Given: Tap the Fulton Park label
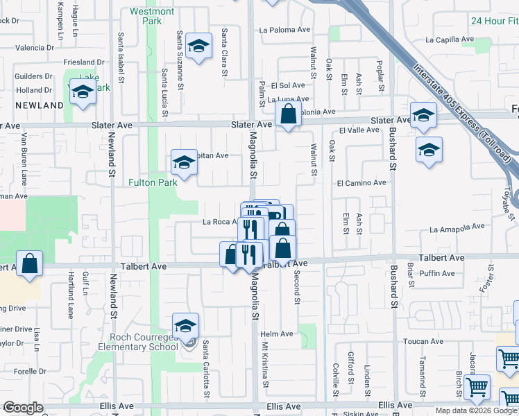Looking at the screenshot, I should coord(152,183).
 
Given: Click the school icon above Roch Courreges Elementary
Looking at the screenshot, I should coord(185,324).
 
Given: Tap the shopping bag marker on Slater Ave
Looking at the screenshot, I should coord(288,114).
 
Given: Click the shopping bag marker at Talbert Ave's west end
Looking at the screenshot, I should coord(29,263).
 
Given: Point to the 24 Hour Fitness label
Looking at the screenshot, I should coord(494,21).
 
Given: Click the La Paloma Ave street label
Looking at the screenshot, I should coord(284,30).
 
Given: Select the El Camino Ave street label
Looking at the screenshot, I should coord(361,182).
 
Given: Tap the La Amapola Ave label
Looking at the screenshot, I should coord(456,229).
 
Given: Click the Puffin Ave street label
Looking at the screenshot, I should coord(436,273).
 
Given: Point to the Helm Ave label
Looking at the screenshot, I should coord(277,334).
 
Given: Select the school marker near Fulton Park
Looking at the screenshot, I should coord(184,162).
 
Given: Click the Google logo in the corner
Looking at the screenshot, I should coord(23,408).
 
